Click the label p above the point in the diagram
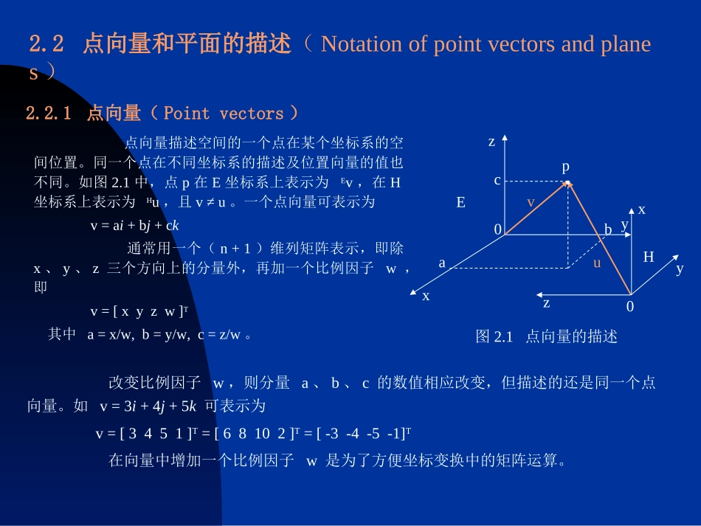click(x=566, y=167)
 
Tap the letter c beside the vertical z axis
click(x=497, y=180)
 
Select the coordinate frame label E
click(x=461, y=202)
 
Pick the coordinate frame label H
click(x=649, y=257)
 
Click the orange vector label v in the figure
click(x=530, y=201)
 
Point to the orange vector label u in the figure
click(x=597, y=262)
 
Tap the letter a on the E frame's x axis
click(x=442, y=263)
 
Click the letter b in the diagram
click(x=608, y=229)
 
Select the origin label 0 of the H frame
click(x=630, y=306)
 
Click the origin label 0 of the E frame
click(x=498, y=230)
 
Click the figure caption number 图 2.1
click(x=494, y=337)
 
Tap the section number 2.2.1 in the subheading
click(x=49, y=114)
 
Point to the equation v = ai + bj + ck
click(x=135, y=226)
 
